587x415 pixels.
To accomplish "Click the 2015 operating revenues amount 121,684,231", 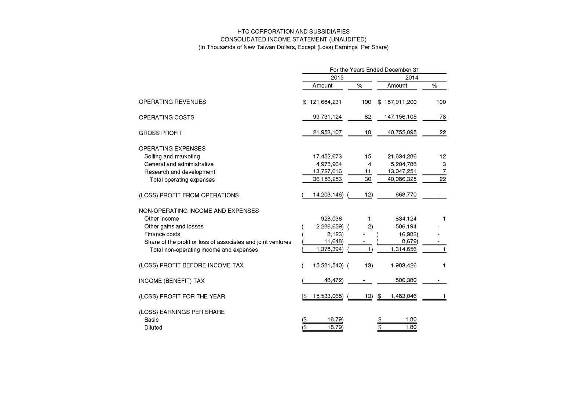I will click(x=325, y=102).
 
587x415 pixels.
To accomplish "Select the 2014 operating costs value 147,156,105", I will click(x=400, y=117).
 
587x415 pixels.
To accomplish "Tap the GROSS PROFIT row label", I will click(x=160, y=133).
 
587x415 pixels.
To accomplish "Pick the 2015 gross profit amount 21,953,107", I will click(x=327, y=132).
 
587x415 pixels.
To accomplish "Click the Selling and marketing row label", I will click(x=172, y=156).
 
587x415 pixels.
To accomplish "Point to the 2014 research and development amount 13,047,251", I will click(x=402, y=172).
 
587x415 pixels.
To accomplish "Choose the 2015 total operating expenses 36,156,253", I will click(x=327, y=179).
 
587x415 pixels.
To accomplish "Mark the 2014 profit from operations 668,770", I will click(x=406, y=195).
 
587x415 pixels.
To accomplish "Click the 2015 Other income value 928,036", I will click(x=331, y=219).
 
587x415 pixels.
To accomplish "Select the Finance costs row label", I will click(x=162, y=234).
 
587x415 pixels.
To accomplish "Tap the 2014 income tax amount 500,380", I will click(x=406, y=281).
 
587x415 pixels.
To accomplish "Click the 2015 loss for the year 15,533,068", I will click(x=328, y=296).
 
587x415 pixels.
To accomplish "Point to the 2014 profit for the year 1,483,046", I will click(x=404, y=296).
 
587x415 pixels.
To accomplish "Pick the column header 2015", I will click(x=337, y=77).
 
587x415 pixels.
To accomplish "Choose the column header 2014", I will click(x=412, y=77).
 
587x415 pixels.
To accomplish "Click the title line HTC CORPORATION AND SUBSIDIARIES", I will click(x=293, y=32).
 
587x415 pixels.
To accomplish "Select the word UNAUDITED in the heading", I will click(x=347, y=39).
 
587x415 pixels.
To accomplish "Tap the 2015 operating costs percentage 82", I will click(x=368, y=117).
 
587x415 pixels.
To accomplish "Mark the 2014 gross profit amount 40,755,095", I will click(x=402, y=132).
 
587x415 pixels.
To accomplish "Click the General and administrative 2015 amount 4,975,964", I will click(x=329, y=164).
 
